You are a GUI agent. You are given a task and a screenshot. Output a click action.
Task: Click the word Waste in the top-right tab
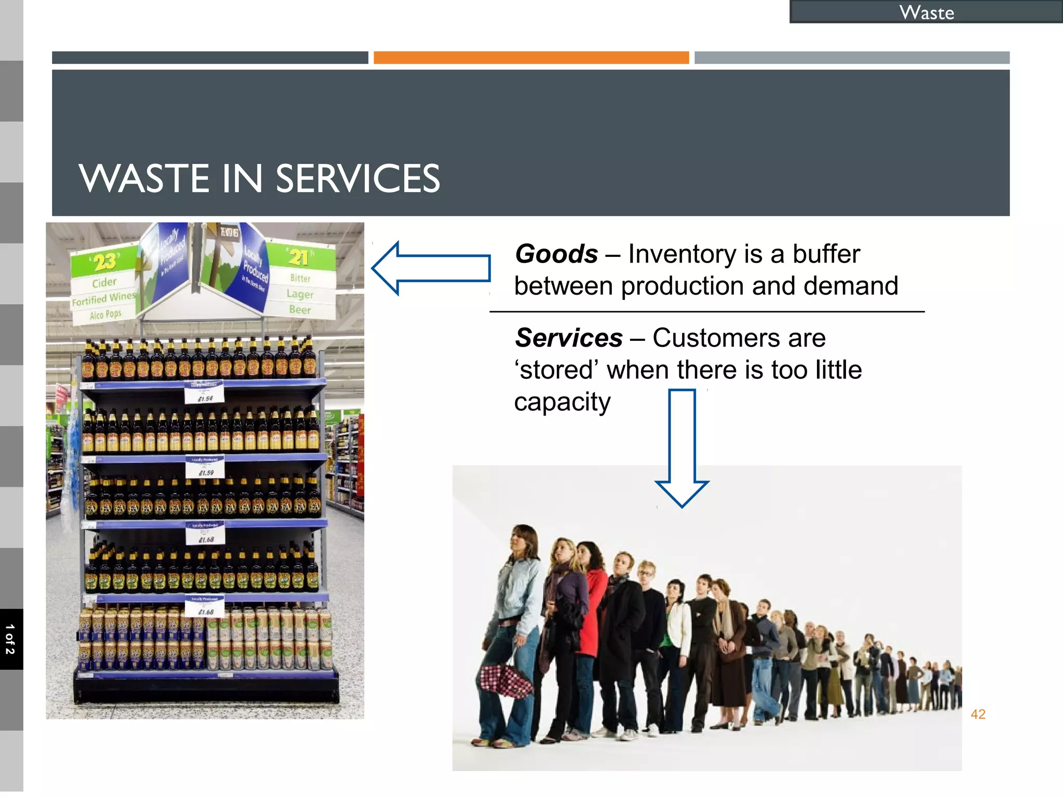(x=926, y=12)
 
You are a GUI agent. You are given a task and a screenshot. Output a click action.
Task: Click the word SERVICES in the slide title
(x=358, y=179)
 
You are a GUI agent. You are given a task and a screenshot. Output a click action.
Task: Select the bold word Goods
(x=556, y=254)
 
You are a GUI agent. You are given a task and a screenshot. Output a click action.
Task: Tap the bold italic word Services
(x=569, y=338)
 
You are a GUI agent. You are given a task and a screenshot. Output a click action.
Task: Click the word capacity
(x=562, y=402)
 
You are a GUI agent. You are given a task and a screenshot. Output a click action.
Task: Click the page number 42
(x=978, y=714)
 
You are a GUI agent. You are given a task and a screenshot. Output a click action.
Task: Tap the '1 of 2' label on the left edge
(x=10, y=639)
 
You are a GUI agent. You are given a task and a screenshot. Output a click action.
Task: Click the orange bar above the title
(x=531, y=58)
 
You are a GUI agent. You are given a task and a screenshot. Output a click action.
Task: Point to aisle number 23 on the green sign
(x=105, y=262)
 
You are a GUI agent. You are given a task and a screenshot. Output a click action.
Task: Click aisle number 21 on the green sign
(x=299, y=257)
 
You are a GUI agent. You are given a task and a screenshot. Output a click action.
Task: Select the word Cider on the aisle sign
(x=104, y=283)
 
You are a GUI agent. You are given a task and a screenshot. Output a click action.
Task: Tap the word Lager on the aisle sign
(x=300, y=294)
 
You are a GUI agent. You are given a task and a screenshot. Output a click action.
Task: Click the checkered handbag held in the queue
(x=505, y=680)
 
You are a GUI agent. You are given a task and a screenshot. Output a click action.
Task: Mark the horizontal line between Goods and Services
(x=707, y=312)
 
